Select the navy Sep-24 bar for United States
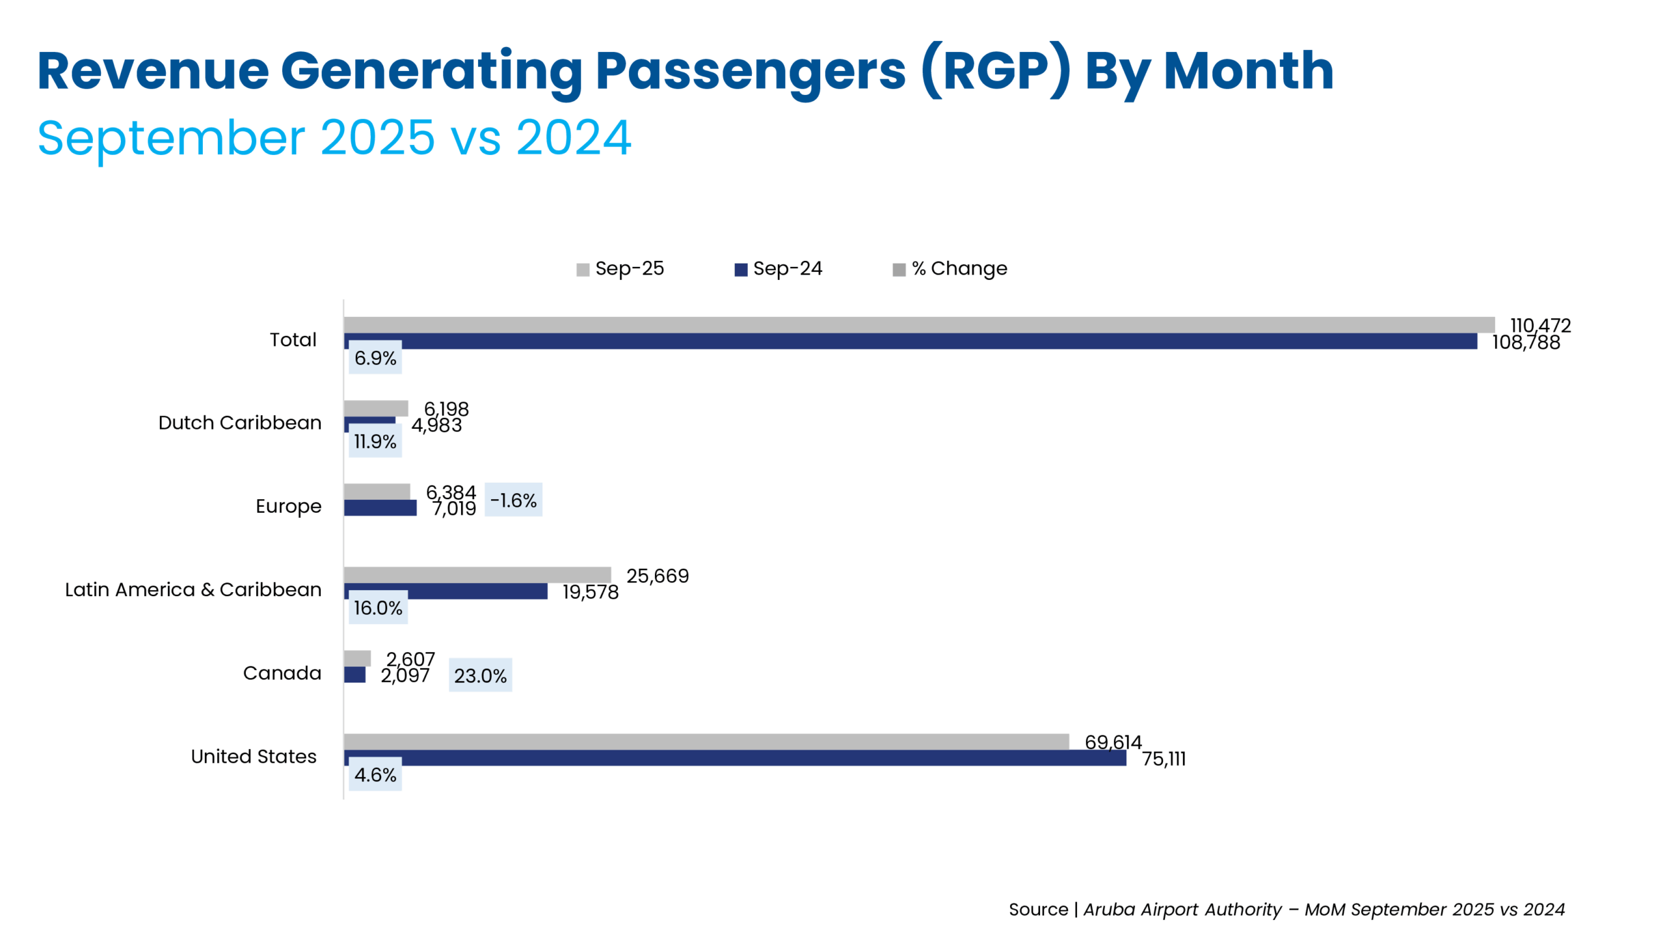coord(735,758)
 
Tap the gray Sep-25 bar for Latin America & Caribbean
coord(477,575)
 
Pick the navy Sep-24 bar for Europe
coord(380,508)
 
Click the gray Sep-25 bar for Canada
coord(357,658)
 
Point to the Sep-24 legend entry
coord(779,269)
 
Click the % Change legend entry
coord(950,269)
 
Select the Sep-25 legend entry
coord(620,269)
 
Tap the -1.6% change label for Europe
coord(513,500)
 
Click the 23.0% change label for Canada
coord(480,675)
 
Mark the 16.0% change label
coord(378,608)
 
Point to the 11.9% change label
coord(375,441)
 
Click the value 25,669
coord(657,576)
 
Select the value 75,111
coord(1164,759)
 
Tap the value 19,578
coord(590,592)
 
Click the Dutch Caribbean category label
coord(239,423)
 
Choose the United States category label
coord(254,756)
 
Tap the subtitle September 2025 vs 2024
coord(334,138)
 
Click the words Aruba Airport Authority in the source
coord(1182,910)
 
